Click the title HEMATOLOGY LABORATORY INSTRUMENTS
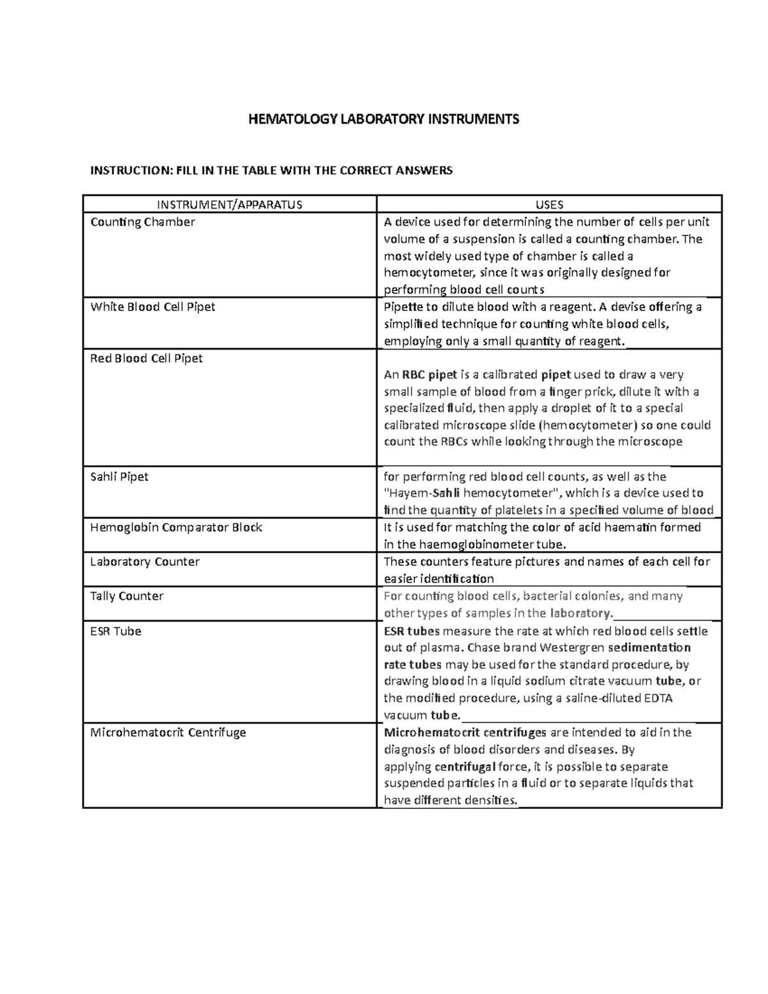tap(384, 119)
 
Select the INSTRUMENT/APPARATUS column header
tap(230, 205)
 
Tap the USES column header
tap(549, 205)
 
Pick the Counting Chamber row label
tap(143, 222)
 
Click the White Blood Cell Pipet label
tap(152, 307)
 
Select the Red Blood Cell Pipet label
tap(146, 358)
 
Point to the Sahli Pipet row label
tap(120, 477)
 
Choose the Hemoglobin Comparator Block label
tap(176, 527)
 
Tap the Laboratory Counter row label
tap(145, 562)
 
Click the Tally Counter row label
tap(127, 596)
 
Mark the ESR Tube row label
tap(116, 631)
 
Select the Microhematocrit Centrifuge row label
tap(168, 732)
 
